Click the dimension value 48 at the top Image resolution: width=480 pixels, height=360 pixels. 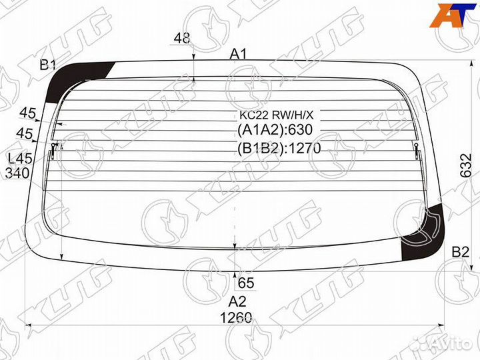coord(182,38)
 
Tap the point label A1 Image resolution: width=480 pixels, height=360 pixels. coord(238,55)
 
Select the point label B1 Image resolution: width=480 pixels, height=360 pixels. coord(48,65)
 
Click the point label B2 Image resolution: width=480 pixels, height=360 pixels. coord(461,252)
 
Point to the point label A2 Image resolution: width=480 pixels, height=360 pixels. coord(237,302)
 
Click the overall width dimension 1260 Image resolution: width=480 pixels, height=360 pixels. coord(236,318)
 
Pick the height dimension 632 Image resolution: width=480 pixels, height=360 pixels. coord(466,165)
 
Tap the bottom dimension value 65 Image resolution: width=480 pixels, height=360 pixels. coord(246,283)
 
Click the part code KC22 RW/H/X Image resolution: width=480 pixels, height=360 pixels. coord(277,115)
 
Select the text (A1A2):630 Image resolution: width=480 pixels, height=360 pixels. coord(275,130)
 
